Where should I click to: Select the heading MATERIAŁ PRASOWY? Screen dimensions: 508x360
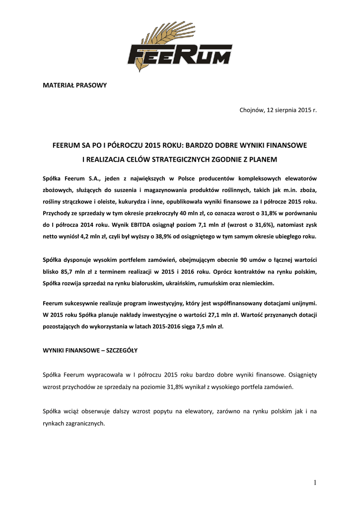point(75,85)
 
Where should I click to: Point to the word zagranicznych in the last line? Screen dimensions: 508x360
point(85,423)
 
